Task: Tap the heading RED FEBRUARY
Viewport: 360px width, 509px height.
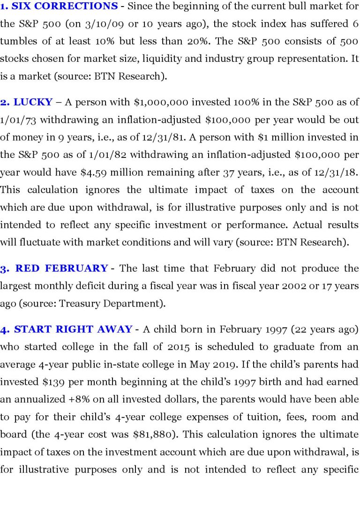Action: point(61,269)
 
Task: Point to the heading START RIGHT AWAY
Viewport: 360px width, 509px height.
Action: point(73,329)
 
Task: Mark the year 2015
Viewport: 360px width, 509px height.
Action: point(184,347)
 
